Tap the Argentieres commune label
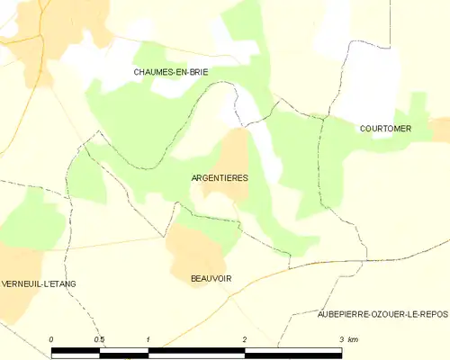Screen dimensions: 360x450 [220, 178]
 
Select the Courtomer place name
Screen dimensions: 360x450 [385, 129]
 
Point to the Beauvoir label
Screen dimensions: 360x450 [211, 279]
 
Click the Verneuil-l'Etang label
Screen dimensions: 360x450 [38, 283]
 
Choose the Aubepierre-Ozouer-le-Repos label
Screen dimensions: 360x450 [382, 314]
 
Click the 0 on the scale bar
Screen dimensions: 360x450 [51, 338]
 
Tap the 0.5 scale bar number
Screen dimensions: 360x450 [99, 338]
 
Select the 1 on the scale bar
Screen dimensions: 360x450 [148, 338]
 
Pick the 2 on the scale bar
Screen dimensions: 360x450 [245, 338]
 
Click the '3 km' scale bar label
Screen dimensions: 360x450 [347, 338]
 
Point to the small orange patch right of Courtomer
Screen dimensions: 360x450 [440, 129]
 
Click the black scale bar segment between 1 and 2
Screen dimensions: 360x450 [196, 352]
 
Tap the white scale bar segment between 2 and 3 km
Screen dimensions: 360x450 [293, 352]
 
